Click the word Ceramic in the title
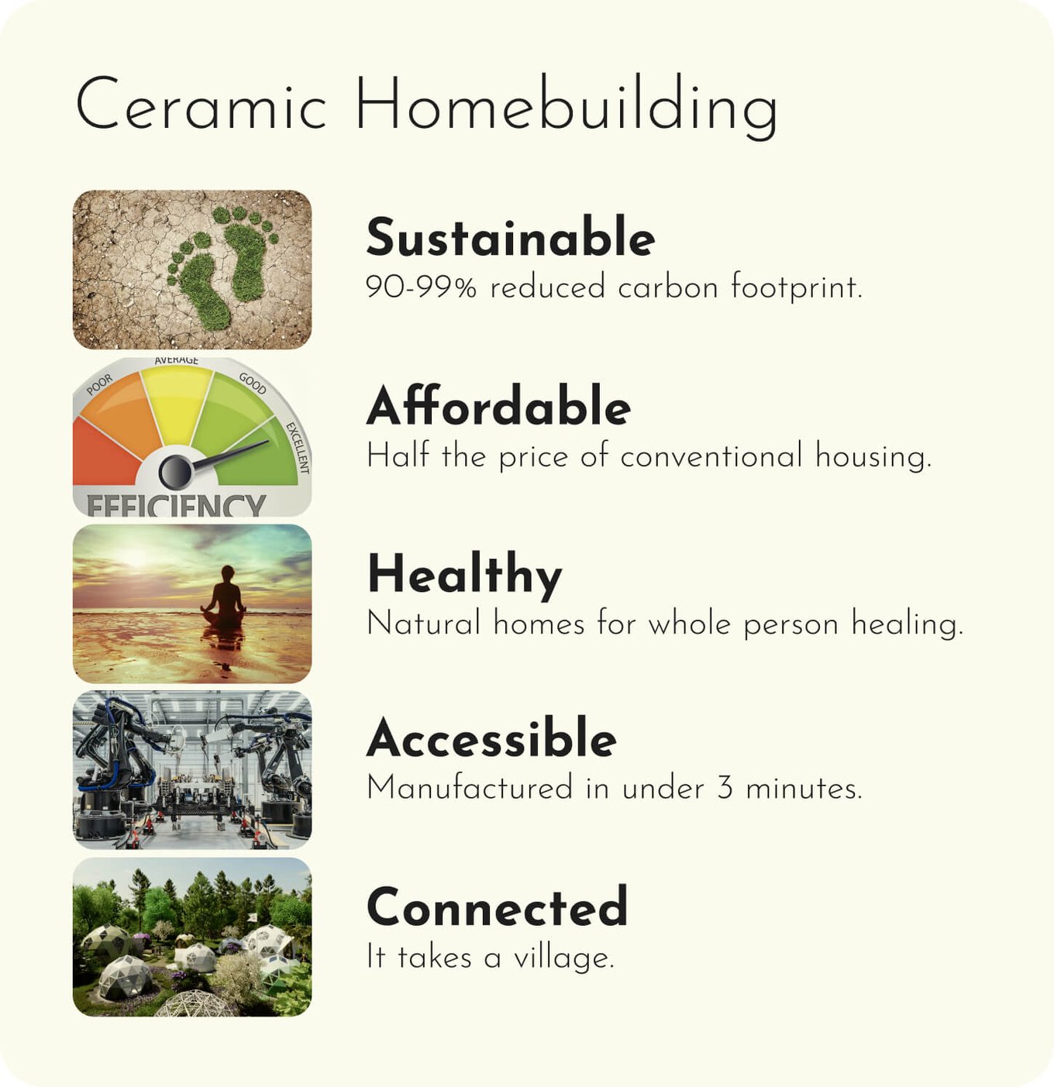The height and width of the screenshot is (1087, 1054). (201, 104)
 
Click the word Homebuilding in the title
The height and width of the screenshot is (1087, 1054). (567, 106)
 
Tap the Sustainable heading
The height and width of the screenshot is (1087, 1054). (510, 237)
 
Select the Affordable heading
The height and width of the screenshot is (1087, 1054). (498, 405)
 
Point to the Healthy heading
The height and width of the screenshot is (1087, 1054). (465, 576)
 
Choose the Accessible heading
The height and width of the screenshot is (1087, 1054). (492, 738)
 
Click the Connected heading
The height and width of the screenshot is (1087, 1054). (498, 906)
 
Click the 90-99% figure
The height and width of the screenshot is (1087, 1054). (422, 287)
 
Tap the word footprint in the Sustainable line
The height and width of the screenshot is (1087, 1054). (797, 287)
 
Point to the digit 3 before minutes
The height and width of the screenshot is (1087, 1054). (725, 788)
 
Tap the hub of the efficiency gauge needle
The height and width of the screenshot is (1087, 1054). (175, 472)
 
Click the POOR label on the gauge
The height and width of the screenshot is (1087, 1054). (100, 384)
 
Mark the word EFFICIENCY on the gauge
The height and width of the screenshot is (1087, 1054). (176, 504)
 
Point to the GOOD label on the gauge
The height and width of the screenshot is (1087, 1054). (253, 384)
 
